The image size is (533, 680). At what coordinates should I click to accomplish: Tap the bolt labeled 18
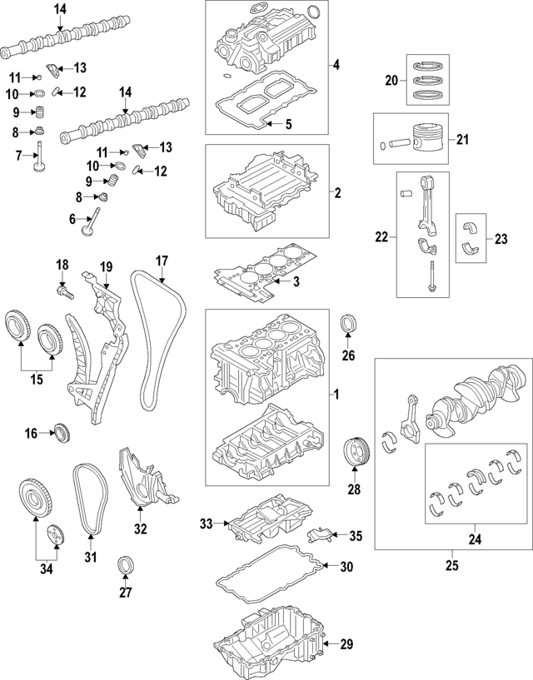pos(64,291)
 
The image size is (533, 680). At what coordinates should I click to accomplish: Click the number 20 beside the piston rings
pos(392,80)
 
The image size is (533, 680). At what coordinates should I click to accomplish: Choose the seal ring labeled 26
pos(349,322)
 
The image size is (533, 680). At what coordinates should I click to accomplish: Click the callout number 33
pos(207,524)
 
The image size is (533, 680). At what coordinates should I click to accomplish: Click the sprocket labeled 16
pos(60,432)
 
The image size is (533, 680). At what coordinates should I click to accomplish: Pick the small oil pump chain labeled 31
pos(89,499)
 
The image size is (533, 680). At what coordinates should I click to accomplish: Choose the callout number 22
pos(381,237)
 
